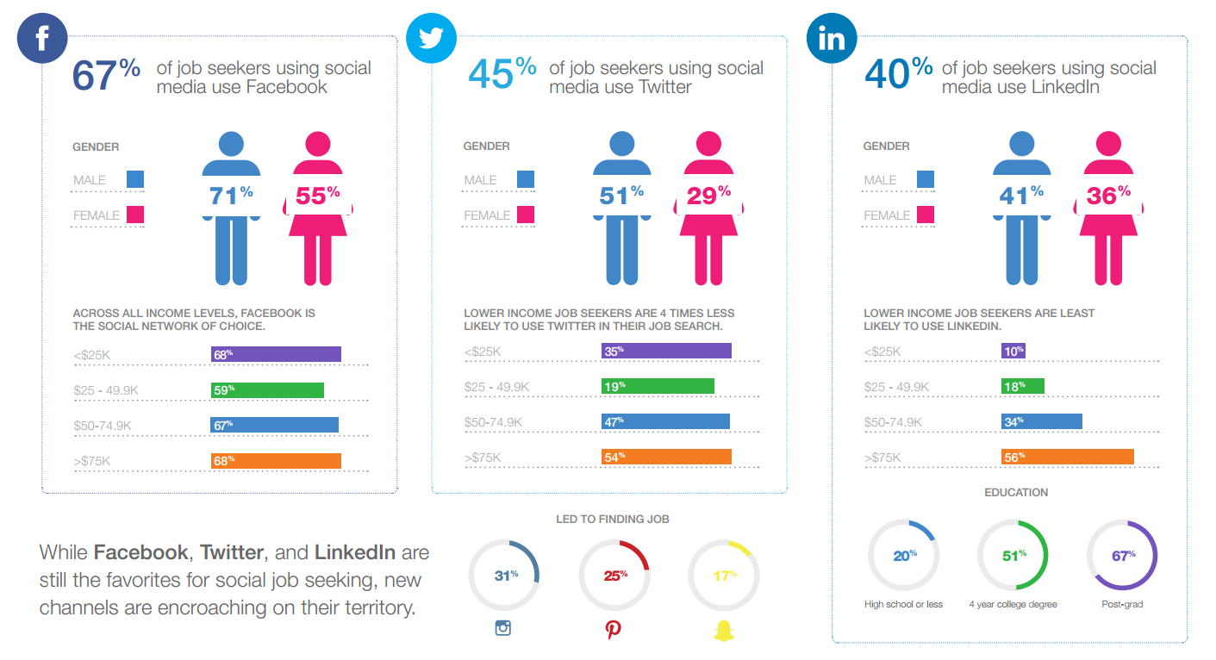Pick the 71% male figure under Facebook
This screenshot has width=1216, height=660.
pos(231,207)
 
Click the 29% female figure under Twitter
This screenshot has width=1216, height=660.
pos(708,207)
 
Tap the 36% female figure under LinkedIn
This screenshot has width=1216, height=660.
pos(1108,207)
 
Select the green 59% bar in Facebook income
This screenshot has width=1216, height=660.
pos(267,389)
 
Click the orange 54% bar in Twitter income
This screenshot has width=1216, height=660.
pos(666,457)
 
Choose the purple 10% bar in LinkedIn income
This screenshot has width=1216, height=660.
pos(1013,352)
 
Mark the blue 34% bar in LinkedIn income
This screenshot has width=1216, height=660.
pos(1041,421)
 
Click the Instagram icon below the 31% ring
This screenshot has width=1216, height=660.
pos(503,627)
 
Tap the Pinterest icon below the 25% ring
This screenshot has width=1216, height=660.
pos(613,629)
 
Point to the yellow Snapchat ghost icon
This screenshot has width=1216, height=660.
pos(722,629)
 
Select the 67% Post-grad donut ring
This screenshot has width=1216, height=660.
pos(1122,556)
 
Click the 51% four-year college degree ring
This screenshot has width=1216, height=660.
pos(1013,556)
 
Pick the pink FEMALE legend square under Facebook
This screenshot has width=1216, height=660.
pos(135,215)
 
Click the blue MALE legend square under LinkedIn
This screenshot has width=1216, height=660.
pos(926,179)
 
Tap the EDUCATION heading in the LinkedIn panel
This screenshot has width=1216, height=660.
pos(1016,493)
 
